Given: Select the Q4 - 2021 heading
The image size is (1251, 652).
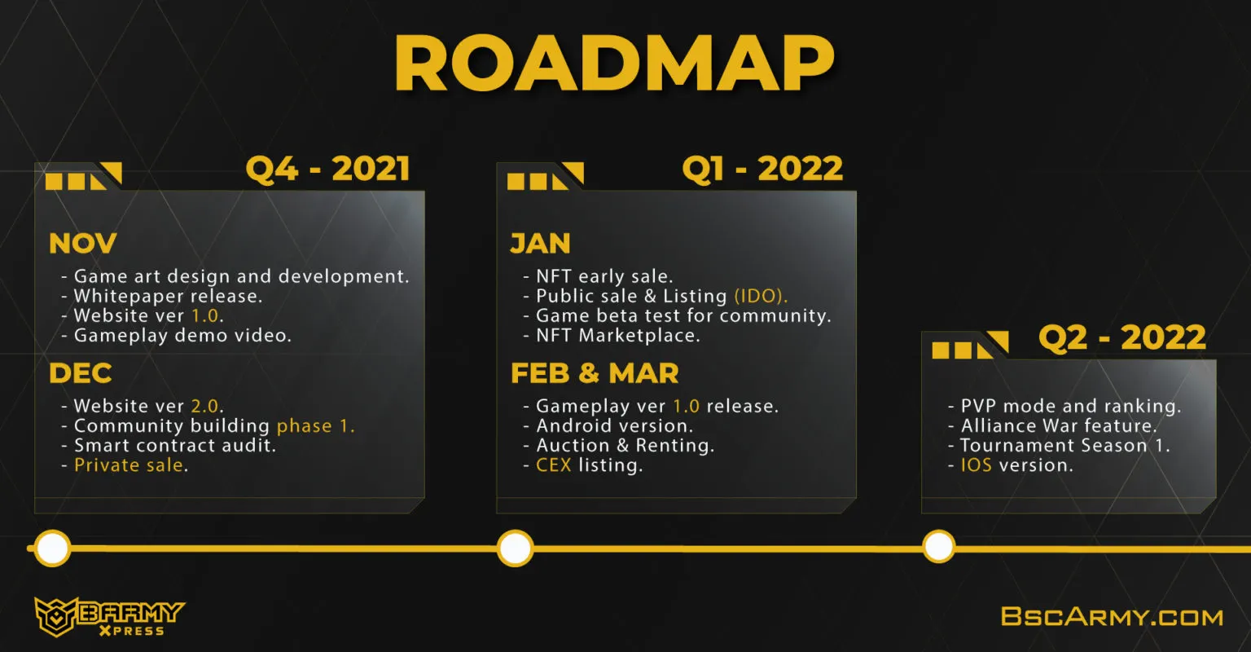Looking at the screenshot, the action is pos(328,169).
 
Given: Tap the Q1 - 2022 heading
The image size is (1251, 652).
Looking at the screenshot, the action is pos(762,169).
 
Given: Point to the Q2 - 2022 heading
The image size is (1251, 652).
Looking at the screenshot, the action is pos(1122,337).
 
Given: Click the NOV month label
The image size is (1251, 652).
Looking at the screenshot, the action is pos(82,243).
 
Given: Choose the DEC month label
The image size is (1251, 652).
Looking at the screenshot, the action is pos(81,373).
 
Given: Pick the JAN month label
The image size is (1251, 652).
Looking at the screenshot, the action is pos(541,243).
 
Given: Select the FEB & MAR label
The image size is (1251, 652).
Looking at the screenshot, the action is pos(595,373).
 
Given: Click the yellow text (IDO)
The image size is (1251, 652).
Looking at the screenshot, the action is pos(761,296).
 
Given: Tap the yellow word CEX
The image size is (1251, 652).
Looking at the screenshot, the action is pos(554,465).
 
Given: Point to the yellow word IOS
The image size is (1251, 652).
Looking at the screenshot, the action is pos(977,465).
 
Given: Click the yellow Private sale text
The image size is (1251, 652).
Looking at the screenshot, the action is pos(129,465).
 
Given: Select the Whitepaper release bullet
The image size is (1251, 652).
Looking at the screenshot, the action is pos(162,296).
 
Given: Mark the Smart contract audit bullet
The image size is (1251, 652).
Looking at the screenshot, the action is pos(169,445).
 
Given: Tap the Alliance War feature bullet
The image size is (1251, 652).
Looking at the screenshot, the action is pos(1053,425).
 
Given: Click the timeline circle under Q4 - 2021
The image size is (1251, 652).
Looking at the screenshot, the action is pos(52,548).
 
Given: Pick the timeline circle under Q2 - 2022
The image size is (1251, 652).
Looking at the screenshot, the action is pos(939,546).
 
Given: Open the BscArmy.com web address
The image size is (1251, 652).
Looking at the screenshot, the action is pos(1112,617).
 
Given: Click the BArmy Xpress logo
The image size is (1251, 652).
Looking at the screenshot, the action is pos(109,617).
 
